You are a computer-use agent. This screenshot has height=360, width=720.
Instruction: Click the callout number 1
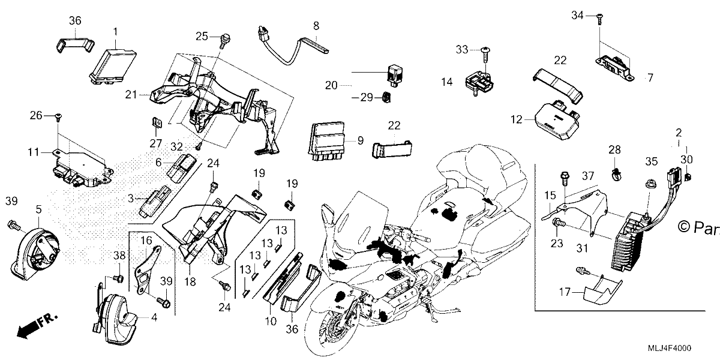pos(115,32)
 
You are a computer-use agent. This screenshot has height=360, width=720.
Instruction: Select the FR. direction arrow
pos(37,325)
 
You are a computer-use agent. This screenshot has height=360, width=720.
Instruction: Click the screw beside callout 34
pos(599,19)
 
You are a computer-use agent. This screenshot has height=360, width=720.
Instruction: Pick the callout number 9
pos(361,140)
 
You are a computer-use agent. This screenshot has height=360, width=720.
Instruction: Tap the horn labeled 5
pos(35,253)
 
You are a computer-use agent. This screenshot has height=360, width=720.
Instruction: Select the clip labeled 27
pos(157,123)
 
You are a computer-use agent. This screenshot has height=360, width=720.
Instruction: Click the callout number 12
pos(516,119)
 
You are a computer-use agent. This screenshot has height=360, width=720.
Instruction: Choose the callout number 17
pos(565,292)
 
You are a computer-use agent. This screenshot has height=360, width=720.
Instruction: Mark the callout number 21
pos(131,95)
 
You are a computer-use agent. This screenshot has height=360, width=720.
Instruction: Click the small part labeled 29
pos(386,97)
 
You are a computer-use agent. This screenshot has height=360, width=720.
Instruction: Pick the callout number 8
pos(316,26)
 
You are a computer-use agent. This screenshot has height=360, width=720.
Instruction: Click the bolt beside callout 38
pos(118,278)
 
